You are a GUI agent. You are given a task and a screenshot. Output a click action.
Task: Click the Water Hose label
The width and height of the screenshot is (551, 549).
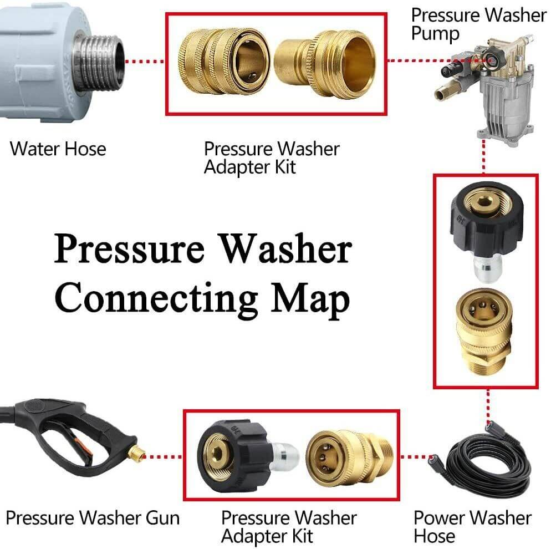click(x=58, y=149)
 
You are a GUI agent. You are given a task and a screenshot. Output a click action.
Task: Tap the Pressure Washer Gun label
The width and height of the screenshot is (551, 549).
click(x=93, y=518)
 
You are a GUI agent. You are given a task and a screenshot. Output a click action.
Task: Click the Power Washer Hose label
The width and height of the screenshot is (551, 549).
click(x=472, y=527)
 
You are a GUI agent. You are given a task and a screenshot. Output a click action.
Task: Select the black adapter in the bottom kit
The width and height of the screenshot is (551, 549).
click(x=230, y=455)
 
